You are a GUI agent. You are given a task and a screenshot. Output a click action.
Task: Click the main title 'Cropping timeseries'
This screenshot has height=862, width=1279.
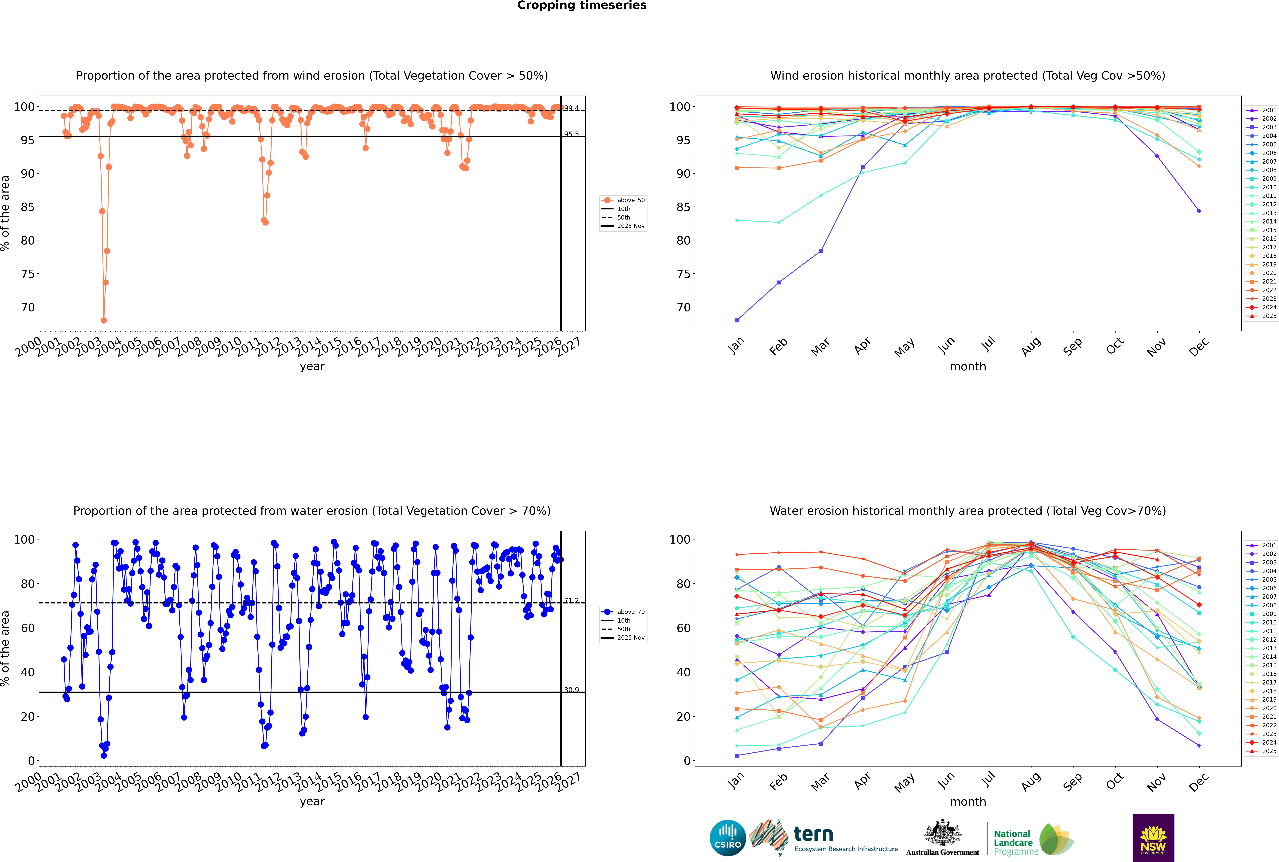pyautogui.click(x=582, y=5)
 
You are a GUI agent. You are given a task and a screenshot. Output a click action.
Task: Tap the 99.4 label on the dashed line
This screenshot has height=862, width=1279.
pyautogui.click(x=571, y=108)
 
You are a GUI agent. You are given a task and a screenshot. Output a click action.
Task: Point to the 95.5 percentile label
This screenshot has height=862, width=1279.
pyautogui.click(x=571, y=134)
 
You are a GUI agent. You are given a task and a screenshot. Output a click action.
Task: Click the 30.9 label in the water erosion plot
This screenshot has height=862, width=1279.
pyautogui.click(x=571, y=690)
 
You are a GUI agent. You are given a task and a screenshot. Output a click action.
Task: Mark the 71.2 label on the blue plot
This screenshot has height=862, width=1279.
pyautogui.click(x=571, y=601)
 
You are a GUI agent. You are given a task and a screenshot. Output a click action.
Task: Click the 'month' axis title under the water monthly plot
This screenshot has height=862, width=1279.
pyautogui.click(x=968, y=802)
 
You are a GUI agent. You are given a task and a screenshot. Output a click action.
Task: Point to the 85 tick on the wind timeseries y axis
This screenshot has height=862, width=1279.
pyautogui.click(x=27, y=207)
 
